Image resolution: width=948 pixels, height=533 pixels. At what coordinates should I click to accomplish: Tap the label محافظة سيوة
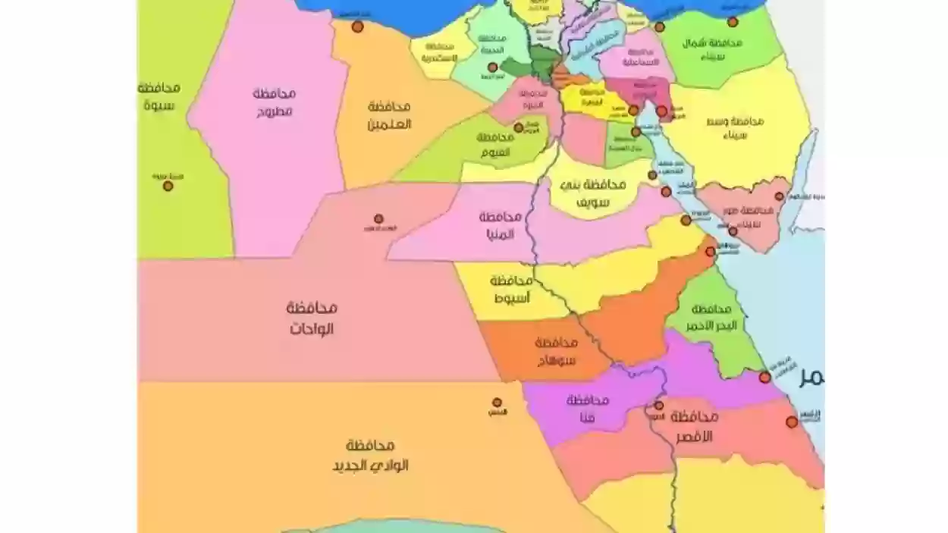pyautogui.click(x=159, y=96)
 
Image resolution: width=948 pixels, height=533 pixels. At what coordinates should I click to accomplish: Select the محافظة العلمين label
pyautogui.click(x=388, y=114)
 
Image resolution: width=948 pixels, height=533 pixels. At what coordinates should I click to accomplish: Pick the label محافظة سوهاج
pyautogui.click(x=555, y=352)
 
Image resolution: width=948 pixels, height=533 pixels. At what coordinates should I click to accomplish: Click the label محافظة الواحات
pyautogui.click(x=311, y=318)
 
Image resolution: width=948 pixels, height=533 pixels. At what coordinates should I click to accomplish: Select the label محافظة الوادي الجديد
pyautogui.click(x=370, y=455)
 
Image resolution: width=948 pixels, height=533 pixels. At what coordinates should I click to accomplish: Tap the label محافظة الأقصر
pyautogui.click(x=694, y=426)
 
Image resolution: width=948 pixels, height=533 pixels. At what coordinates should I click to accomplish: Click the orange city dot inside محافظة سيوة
pyautogui.click(x=168, y=185)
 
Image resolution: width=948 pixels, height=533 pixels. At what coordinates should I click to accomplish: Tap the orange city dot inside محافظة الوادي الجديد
pyautogui.click(x=497, y=403)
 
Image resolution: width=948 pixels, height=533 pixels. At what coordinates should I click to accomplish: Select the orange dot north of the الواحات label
pyautogui.click(x=378, y=218)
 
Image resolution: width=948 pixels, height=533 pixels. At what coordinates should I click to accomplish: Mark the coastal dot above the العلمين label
pyautogui.click(x=357, y=27)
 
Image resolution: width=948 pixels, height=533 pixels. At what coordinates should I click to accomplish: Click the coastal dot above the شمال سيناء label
pyautogui.click(x=733, y=22)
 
